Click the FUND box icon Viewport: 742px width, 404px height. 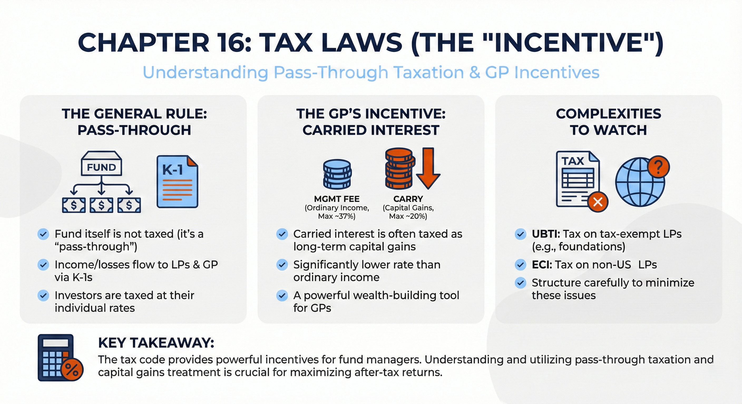coord(101,164)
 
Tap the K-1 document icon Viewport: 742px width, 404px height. coord(177,182)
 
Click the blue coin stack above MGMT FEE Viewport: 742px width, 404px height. coord(337,174)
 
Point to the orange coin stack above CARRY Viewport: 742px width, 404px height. coord(399,169)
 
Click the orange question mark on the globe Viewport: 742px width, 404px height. coord(658,167)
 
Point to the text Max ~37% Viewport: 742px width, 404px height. coord(337,216)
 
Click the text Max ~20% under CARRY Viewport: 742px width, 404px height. coord(408,216)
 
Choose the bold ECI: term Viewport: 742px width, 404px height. coord(542,265)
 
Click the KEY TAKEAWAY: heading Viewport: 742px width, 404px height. coord(156,343)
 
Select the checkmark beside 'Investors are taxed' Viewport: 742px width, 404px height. coord(43,296)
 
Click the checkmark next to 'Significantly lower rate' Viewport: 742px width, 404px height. coord(282,265)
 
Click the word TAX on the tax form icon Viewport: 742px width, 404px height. coord(573,161)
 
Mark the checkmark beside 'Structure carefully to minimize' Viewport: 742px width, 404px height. coord(520,283)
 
